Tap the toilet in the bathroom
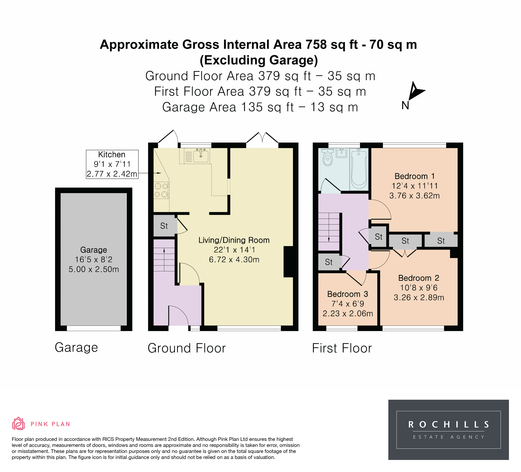328,157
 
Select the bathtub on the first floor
359,169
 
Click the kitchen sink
201,156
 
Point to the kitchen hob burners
161,190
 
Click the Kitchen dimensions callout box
112,164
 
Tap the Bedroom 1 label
414,176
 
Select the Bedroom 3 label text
348,294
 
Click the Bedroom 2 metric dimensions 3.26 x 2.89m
419,297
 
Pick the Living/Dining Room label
234,240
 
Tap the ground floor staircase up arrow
164,259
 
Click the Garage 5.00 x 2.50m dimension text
94,269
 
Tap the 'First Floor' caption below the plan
342,348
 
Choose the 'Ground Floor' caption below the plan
187,348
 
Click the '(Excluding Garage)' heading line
259,60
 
